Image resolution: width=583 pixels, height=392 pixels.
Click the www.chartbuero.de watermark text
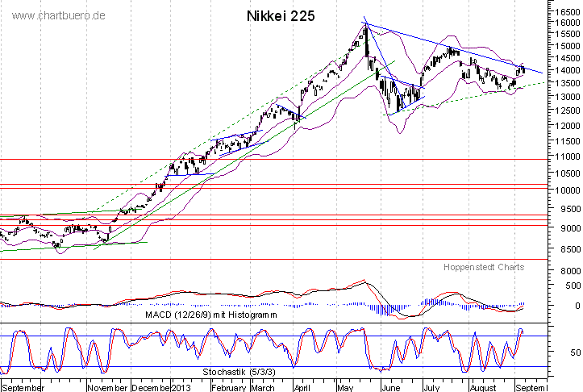click(59, 15)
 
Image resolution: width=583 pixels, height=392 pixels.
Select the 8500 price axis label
click(564, 249)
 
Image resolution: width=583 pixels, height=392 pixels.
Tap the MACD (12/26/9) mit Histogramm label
click(210, 314)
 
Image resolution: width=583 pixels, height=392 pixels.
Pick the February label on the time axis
click(227, 386)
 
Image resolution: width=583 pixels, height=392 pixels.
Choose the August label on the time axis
click(484, 386)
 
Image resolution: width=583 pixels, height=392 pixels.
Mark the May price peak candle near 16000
click(365, 31)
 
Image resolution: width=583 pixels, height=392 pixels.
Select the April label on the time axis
click(304, 386)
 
